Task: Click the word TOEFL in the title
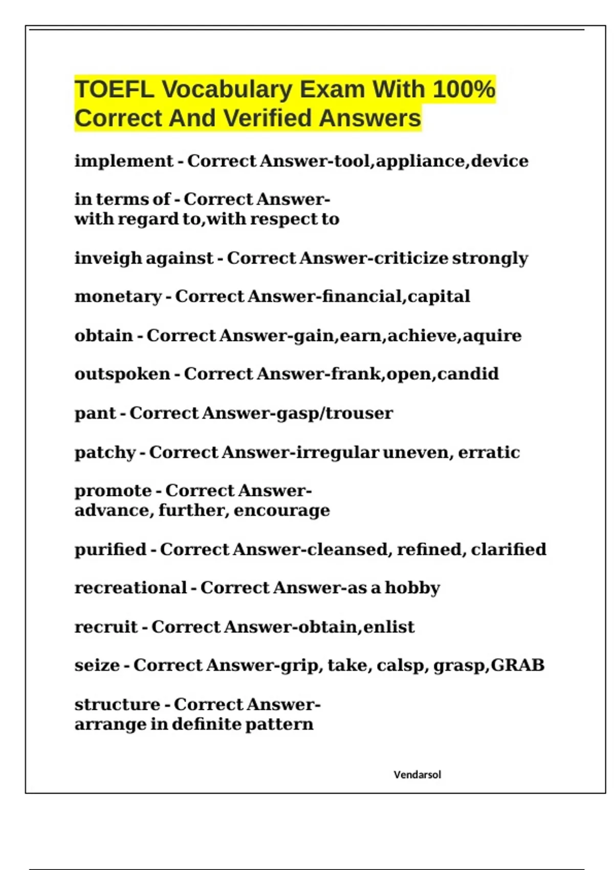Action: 114,90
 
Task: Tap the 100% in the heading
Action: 464,90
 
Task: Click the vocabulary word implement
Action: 124,161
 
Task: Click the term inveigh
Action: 108,258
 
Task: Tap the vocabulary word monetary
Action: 118,297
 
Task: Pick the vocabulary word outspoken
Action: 122,374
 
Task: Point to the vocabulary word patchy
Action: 105,453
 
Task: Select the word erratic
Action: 489,453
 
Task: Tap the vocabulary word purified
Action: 110,550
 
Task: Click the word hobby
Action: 412,588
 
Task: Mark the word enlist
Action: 389,627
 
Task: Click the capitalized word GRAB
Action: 517,665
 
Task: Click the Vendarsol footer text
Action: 417,775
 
